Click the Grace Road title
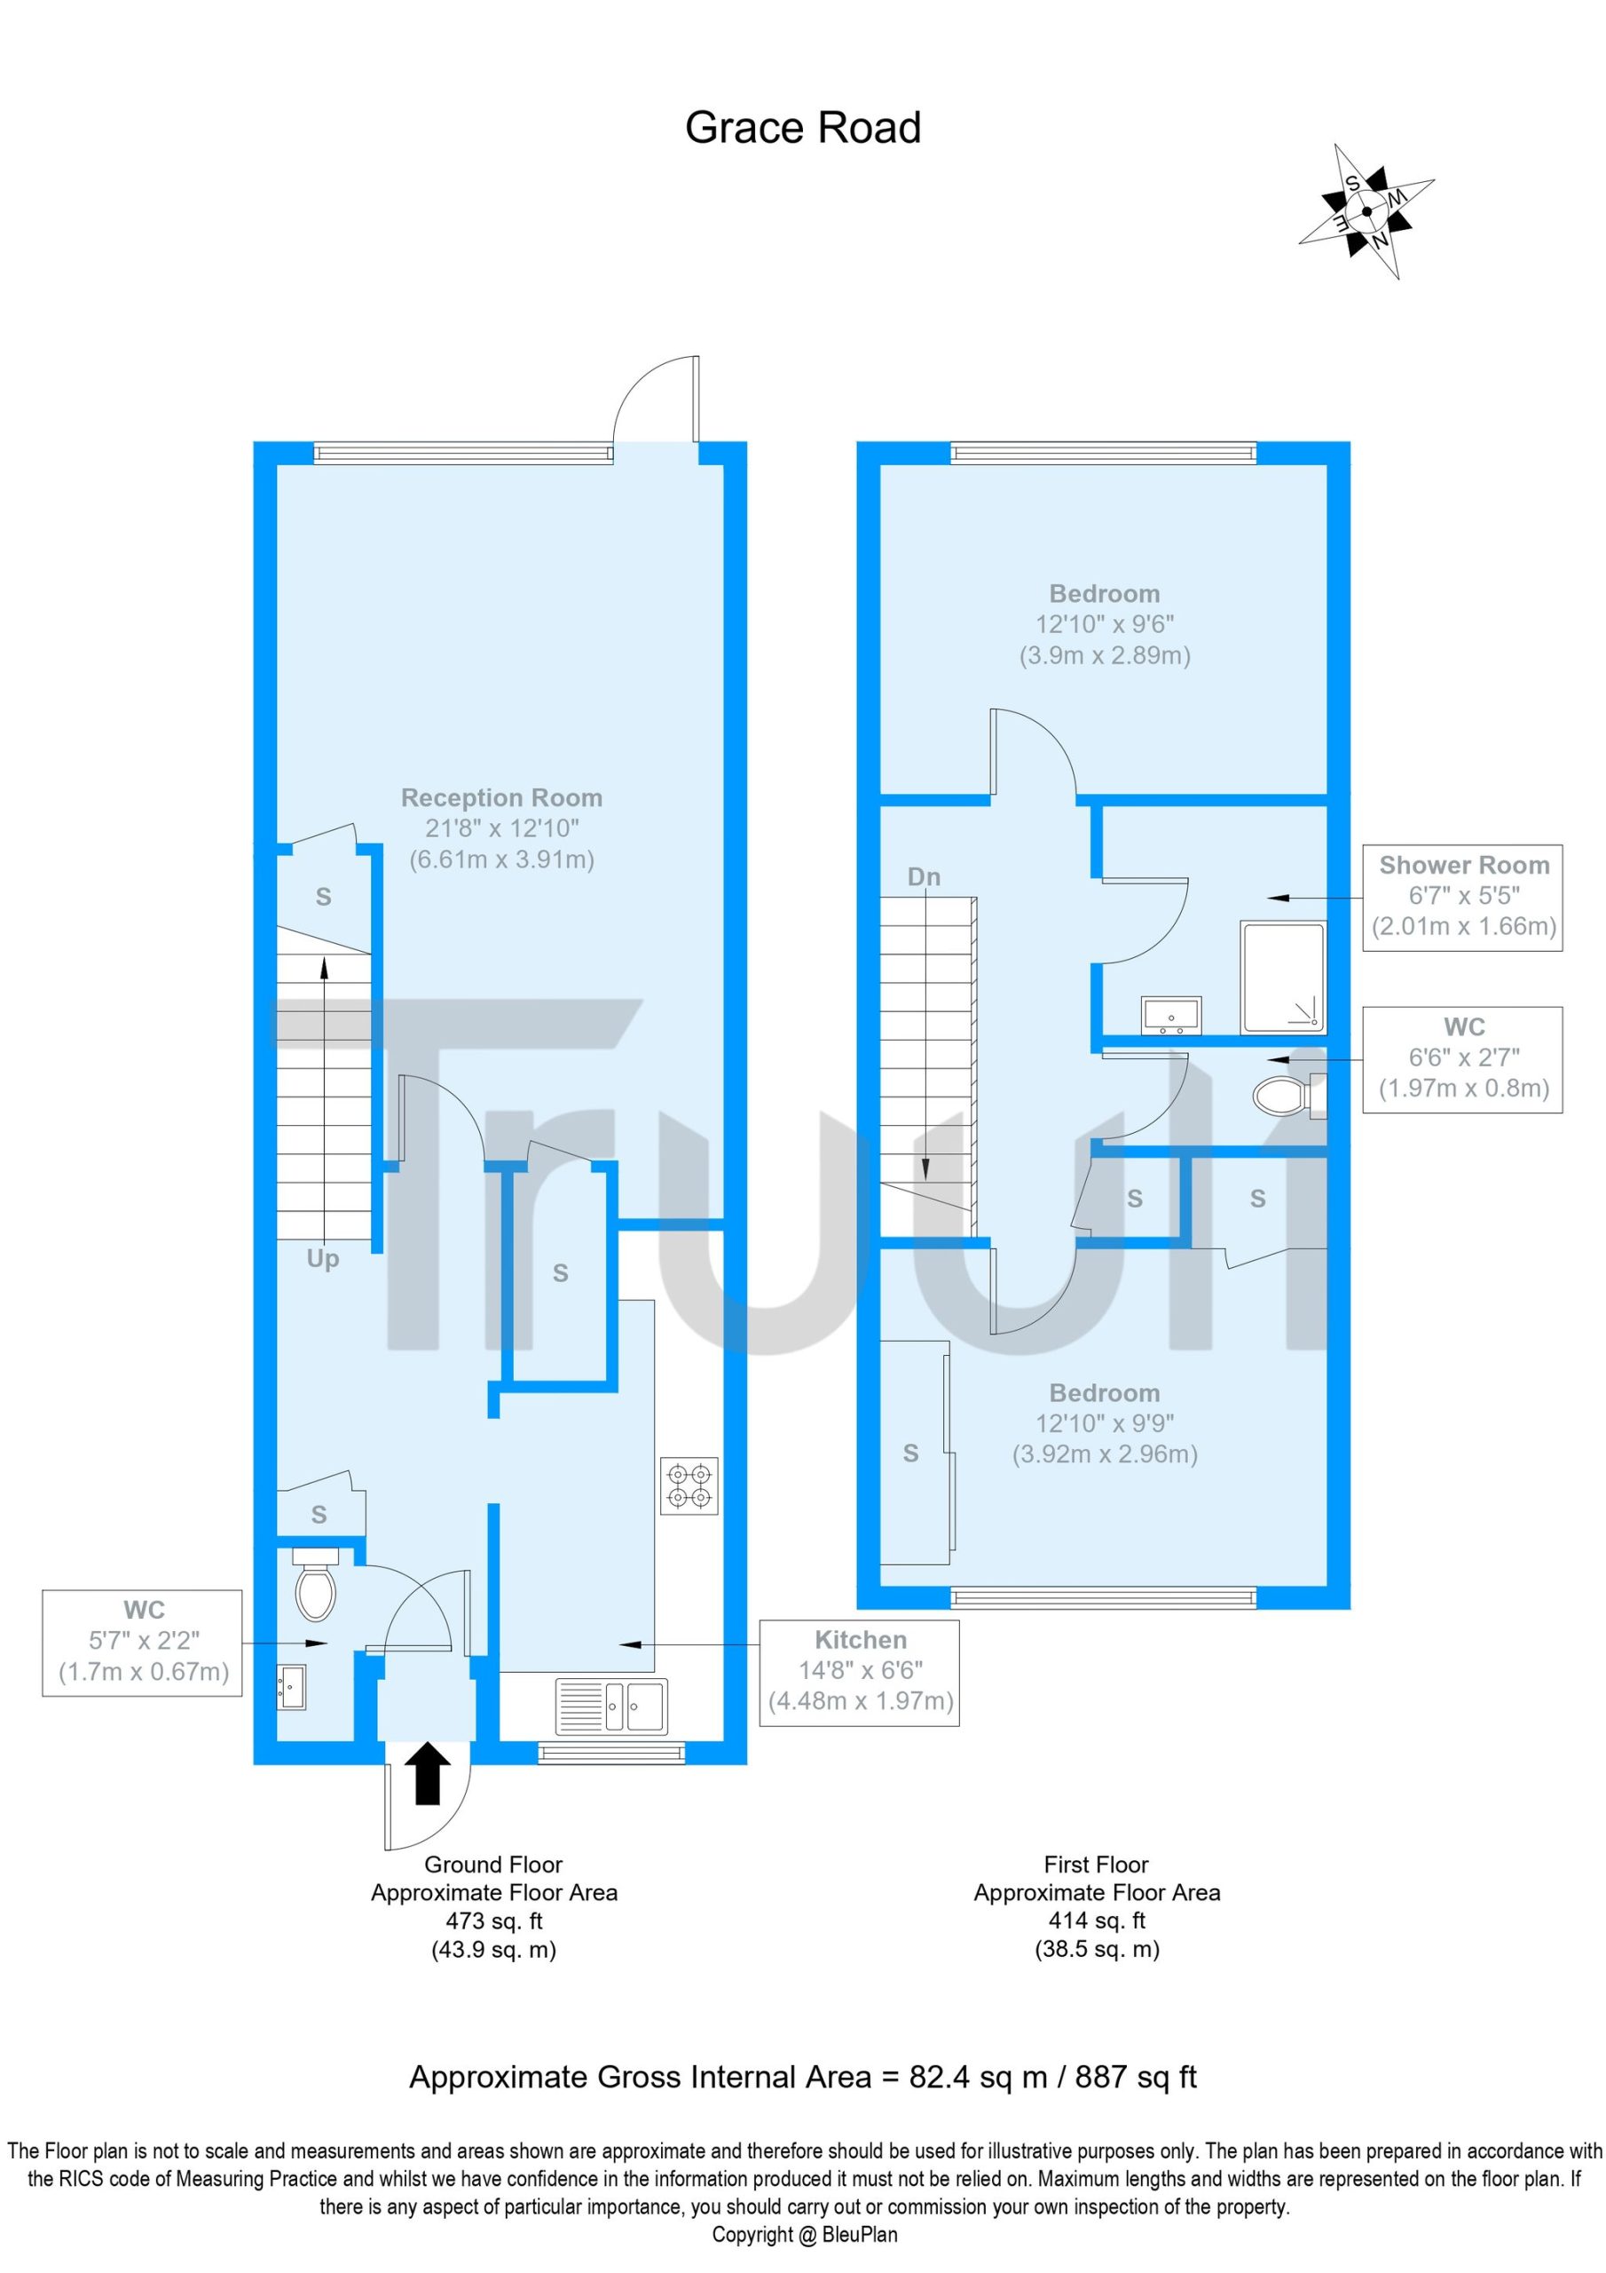(802, 128)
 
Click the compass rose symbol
(1366, 210)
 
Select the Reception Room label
(501, 798)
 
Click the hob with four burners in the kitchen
(689, 1486)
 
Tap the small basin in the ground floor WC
(292, 1687)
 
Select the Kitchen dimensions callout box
(859, 1673)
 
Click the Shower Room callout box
(1462, 898)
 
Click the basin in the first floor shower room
(1170, 1017)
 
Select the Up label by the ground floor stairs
(323, 1258)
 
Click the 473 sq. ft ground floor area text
(493, 1921)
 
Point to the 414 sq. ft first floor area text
(1097, 1921)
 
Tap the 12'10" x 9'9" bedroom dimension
(1105, 1423)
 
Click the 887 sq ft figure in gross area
(1136, 2077)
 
